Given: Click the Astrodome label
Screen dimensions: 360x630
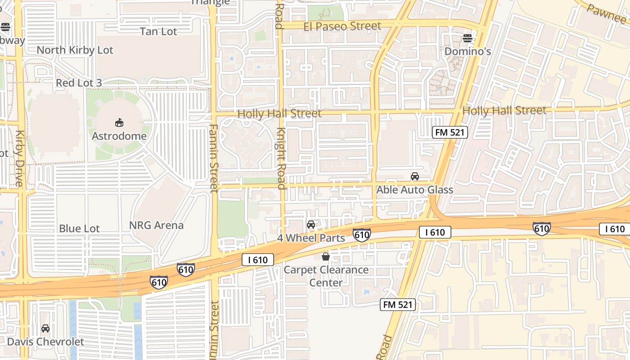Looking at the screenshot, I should point(119,136).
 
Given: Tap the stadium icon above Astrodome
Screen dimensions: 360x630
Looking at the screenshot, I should point(119,122).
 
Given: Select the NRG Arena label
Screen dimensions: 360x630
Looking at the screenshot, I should point(156,225).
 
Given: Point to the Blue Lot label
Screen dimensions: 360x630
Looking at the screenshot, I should point(79,229).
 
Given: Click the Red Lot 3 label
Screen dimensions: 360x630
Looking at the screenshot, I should point(79,83).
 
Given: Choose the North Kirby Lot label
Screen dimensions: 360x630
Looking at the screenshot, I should point(75,50).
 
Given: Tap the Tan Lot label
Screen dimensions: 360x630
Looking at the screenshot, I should point(158,31).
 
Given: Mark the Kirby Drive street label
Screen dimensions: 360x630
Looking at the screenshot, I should point(19,158).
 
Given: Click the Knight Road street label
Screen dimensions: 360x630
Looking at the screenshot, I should point(281,158).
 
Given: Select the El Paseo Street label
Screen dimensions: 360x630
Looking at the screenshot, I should point(342,27).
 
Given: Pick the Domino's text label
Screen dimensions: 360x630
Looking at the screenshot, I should point(468,52).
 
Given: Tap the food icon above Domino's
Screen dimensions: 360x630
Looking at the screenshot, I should point(468,38).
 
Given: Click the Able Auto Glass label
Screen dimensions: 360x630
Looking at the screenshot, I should point(414,190).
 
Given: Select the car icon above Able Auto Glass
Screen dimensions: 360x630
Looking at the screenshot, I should point(414,176).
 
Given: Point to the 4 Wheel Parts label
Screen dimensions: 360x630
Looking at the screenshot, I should point(311,238).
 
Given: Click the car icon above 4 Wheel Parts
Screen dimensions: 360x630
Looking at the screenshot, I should point(310,225).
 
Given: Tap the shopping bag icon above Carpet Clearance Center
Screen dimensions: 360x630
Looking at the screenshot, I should point(326,256).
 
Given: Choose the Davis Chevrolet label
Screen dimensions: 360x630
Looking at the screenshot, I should point(45,342).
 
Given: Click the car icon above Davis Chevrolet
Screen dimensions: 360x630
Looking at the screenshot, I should point(45,328).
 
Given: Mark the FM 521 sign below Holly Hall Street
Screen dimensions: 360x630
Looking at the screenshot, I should point(450,132).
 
